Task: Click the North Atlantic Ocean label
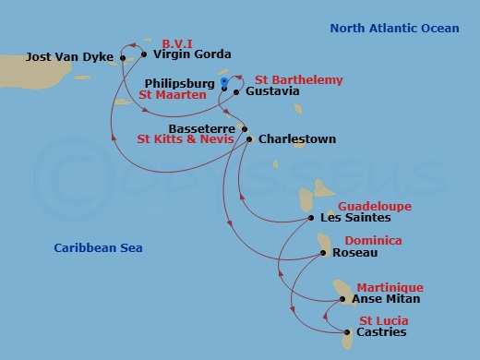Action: click(394, 29)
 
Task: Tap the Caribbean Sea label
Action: click(98, 248)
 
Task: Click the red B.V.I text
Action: click(176, 42)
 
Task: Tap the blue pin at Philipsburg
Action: click(224, 82)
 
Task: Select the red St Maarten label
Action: click(173, 94)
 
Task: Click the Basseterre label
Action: click(203, 128)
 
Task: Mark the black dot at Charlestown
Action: click(250, 139)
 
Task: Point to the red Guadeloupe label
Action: click(375, 206)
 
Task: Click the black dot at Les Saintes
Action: click(311, 219)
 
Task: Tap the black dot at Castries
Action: click(347, 332)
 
